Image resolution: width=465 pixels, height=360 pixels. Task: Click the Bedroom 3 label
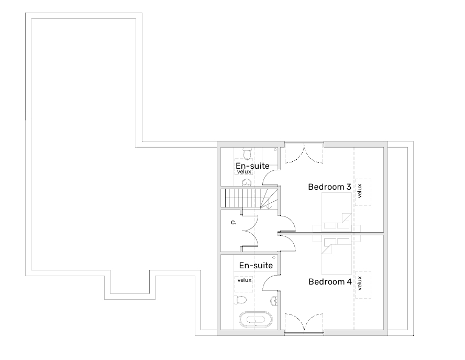click(x=329, y=187)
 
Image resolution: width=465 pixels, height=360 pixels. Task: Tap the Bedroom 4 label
click(x=330, y=281)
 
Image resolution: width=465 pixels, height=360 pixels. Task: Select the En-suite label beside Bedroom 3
click(x=252, y=166)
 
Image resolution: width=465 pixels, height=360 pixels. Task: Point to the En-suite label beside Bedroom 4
click(x=256, y=265)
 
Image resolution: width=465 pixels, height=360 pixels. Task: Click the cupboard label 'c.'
click(x=234, y=222)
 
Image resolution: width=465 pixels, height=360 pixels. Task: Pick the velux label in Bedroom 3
click(x=360, y=191)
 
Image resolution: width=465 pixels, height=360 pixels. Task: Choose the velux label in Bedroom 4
click(x=360, y=283)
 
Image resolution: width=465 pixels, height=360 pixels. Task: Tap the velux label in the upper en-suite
click(x=244, y=172)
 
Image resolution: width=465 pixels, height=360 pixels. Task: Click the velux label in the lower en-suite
click(x=245, y=280)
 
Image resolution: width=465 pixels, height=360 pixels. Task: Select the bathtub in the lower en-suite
click(x=256, y=320)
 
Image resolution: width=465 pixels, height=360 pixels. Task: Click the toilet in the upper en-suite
click(x=247, y=154)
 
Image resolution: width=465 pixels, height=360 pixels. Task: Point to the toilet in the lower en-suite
click(x=240, y=300)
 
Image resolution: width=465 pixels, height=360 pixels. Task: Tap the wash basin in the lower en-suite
click(x=274, y=301)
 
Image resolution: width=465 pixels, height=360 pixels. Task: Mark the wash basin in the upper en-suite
click(x=247, y=182)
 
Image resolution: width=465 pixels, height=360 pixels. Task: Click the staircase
click(x=249, y=198)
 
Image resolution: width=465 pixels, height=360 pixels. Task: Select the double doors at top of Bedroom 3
click(x=304, y=154)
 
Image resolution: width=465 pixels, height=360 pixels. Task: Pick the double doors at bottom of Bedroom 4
click(x=304, y=323)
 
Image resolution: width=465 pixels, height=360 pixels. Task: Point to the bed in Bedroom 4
click(x=337, y=254)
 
